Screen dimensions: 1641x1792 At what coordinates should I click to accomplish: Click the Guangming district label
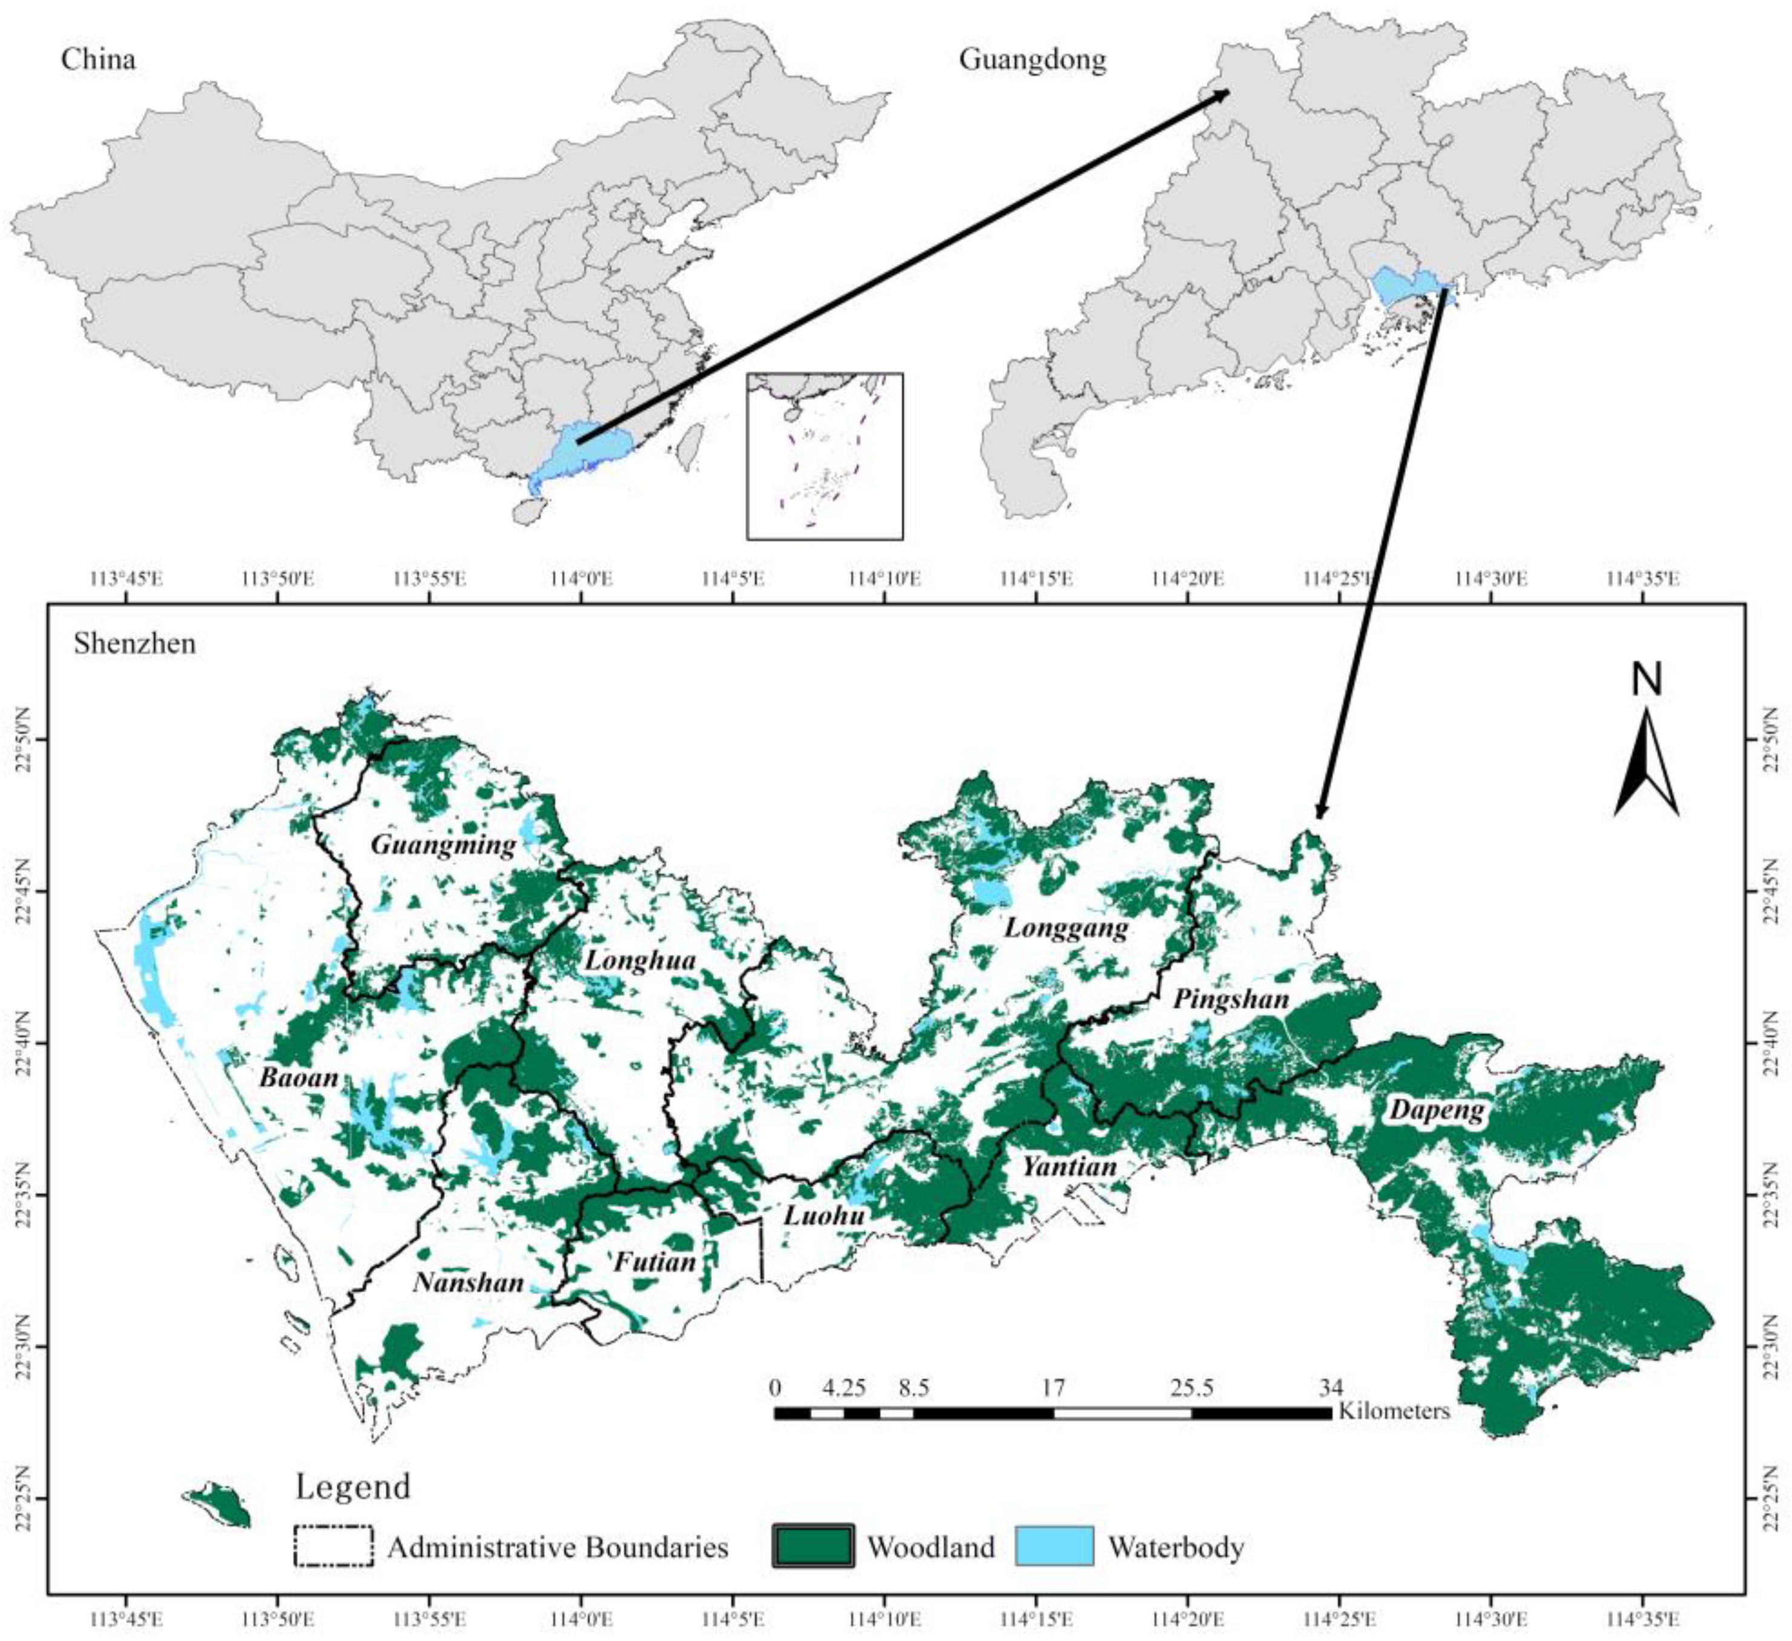pos(443,845)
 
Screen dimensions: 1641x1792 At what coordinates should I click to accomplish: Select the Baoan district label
pos(298,1077)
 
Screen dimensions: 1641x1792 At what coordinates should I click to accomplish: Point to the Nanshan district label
pos(469,1283)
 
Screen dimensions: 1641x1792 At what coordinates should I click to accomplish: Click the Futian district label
pos(655,1261)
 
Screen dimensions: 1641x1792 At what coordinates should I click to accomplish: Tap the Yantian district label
pos(1069,1166)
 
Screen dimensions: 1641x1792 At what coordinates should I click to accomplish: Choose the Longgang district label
pos(1066,928)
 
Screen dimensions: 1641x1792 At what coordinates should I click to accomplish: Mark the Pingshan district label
pos(1231,999)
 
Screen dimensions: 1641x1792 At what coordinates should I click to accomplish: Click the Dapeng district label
pos(1437,1111)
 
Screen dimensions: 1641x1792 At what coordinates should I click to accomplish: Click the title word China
pos(99,59)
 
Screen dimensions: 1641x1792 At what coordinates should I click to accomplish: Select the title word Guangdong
pos(1032,59)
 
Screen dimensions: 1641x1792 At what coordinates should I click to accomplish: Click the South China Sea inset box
pos(825,456)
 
